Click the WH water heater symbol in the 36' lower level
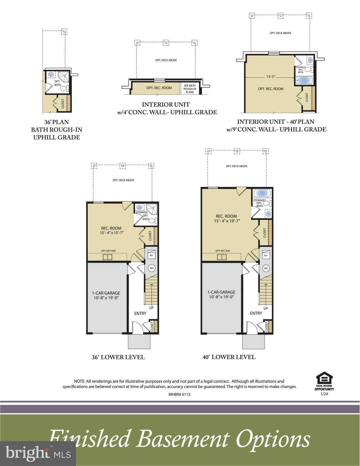[151, 268]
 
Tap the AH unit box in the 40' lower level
[266, 255]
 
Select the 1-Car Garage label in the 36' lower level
[106, 293]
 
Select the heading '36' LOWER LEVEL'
[118, 357]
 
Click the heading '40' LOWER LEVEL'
[229, 357]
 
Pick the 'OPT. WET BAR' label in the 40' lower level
[223, 251]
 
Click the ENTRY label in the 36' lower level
[140, 313]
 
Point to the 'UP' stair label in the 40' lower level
[266, 308]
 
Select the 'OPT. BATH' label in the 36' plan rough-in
[57, 83]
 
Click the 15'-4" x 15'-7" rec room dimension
[111, 233]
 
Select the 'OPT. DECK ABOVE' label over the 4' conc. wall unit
[166, 60]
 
